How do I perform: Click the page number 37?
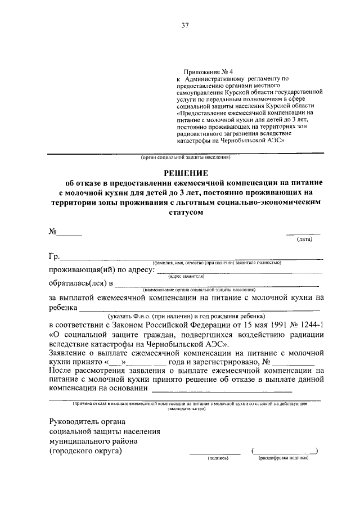click(184, 25)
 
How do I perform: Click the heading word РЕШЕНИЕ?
click(185, 172)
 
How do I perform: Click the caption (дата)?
click(304, 239)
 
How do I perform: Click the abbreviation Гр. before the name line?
click(54, 257)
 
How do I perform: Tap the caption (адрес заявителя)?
click(186, 276)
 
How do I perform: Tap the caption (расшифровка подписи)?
click(284, 458)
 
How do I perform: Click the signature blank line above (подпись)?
click(214, 453)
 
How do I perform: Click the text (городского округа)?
click(85, 451)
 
